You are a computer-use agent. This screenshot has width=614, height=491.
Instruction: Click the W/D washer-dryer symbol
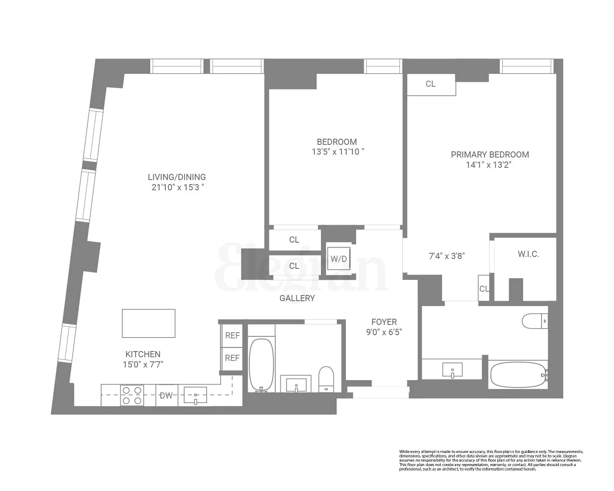click(x=339, y=259)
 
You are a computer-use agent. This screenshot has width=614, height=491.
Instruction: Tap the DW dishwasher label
click(x=166, y=396)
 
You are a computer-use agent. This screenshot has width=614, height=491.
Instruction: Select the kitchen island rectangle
click(x=149, y=323)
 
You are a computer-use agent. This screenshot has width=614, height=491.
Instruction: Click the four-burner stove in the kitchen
click(x=132, y=395)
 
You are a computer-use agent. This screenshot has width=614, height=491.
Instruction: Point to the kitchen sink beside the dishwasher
click(x=195, y=395)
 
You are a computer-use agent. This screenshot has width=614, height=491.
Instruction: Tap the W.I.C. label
click(x=528, y=254)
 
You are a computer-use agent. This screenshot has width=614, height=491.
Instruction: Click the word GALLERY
click(x=297, y=298)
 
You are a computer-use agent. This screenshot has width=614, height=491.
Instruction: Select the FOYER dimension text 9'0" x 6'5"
click(x=384, y=332)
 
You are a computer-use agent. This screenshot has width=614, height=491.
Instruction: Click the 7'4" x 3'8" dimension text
click(x=447, y=256)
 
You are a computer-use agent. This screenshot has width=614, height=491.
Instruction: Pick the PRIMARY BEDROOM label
click(x=490, y=155)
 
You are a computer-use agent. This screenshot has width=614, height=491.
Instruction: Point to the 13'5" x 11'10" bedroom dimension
click(x=338, y=152)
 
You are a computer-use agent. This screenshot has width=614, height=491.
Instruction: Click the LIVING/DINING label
click(x=177, y=177)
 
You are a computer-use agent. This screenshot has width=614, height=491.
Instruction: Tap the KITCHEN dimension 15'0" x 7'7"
click(x=143, y=364)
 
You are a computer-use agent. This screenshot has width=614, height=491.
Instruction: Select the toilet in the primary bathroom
click(x=535, y=321)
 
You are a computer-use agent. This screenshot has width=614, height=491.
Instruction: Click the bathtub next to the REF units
click(x=261, y=364)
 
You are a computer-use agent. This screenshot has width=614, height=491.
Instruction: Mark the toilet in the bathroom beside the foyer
click(x=326, y=379)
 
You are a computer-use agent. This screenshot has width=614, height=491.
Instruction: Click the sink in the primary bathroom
click(x=452, y=370)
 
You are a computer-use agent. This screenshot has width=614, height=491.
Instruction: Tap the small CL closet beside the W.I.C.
click(x=484, y=288)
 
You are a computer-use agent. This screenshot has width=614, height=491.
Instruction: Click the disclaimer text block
click(x=491, y=460)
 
